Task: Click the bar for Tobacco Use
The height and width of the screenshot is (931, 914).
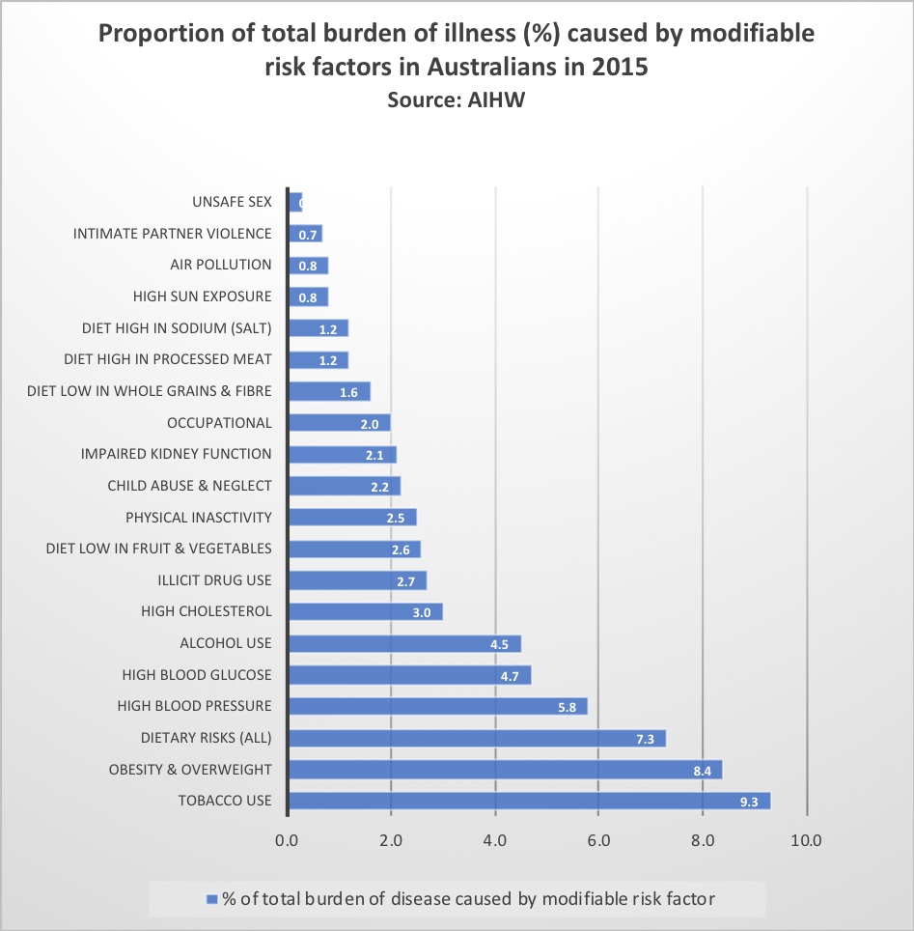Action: coord(529,801)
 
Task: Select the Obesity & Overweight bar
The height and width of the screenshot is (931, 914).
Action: coord(505,770)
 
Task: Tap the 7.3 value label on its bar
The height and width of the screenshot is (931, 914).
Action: coord(646,739)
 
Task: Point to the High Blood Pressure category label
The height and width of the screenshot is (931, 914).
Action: coord(194,706)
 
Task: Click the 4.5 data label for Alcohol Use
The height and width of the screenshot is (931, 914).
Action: coord(500,644)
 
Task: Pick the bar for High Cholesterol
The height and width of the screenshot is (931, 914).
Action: coord(365,611)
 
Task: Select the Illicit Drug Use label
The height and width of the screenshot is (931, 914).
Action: coord(214,580)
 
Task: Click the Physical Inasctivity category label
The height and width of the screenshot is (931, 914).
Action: coord(199,518)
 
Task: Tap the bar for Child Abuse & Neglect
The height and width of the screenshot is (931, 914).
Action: coord(344,486)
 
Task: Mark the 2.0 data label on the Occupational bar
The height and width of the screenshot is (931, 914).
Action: coord(371,424)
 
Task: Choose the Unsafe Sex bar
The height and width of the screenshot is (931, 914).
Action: coord(295,202)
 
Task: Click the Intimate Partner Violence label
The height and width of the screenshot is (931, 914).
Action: coord(173,234)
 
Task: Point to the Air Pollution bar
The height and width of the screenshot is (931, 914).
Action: coord(308,266)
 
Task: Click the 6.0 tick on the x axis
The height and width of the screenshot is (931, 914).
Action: coord(598,840)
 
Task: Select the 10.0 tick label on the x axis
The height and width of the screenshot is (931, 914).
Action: coord(806,840)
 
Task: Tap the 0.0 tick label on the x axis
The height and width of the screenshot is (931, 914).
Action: coord(287,840)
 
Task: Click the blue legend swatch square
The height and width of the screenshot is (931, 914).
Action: coord(212,900)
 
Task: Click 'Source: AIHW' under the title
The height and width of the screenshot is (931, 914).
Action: coord(456,99)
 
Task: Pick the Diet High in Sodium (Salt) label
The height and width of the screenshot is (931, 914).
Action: coord(177,328)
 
